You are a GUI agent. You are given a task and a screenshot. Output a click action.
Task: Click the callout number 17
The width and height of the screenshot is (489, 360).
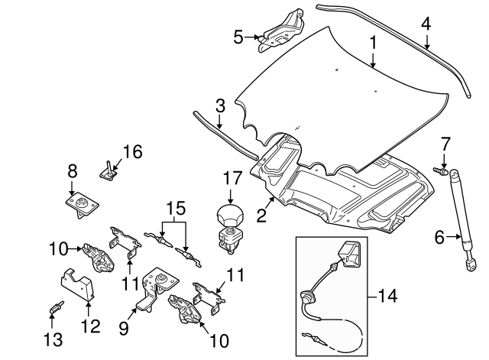[232, 178]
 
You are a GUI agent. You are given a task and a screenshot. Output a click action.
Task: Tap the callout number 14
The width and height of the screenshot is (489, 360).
[387, 296]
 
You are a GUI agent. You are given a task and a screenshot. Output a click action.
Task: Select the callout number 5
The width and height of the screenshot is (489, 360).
[238, 37]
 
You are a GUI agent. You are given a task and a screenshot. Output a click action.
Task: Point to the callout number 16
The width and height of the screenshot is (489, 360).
[133, 151]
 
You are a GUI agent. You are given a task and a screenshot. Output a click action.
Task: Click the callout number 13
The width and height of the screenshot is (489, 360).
[53, 339]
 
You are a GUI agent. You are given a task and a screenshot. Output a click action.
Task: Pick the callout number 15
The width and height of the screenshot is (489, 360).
[176, 208]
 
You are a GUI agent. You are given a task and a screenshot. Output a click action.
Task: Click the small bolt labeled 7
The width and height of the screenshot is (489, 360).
[440, 170]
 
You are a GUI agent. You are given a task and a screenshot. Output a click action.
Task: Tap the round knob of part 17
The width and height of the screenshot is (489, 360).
[230, 215]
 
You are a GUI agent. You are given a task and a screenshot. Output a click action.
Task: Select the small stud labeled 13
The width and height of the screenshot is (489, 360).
[57, 307]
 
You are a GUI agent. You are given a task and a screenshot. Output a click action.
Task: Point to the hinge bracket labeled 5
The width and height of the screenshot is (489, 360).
[280, 31]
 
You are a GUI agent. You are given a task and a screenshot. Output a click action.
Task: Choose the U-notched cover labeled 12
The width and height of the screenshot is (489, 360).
[77, 285]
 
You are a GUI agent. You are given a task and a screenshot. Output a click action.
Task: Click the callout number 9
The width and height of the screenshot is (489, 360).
[124, 328]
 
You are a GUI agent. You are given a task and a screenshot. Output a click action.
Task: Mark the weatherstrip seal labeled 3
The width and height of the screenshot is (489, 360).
[225, 135]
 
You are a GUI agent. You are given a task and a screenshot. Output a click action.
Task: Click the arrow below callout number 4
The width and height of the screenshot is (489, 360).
[426, 42]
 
